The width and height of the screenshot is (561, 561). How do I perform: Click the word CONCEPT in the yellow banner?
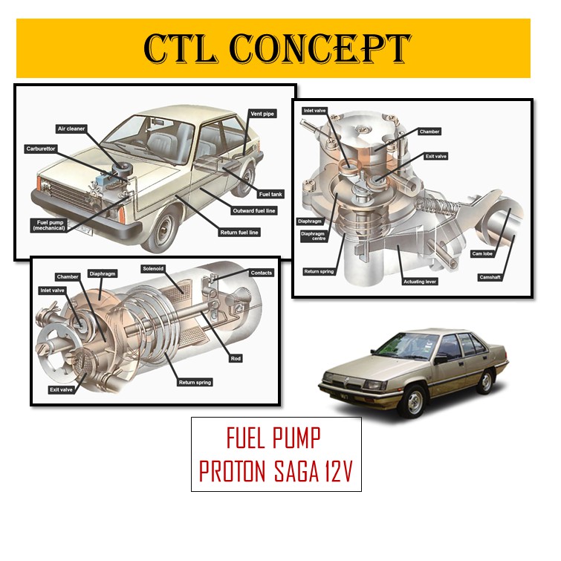pyautogui.click(x=320, y=48)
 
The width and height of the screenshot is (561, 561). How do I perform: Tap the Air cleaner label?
pyautogui.click(x=71, y=129)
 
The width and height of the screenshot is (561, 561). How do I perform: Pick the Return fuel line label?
pyautogui.click(x=239, y=232)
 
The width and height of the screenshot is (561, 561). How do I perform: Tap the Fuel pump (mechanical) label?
pyautogui.click(x=51, y=225)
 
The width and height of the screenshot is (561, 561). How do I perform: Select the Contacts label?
pyautogui.click(x=262, y=273)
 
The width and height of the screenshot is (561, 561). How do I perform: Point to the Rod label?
pyautogui.click(x=236, y=358)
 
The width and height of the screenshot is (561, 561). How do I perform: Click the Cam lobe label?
pyautogui.click(x=482, y=253)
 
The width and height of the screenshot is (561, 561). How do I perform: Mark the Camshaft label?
pyautogui.click(x=490, y=277)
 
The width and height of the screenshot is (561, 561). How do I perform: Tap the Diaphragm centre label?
pyautogui.click(x=313, y=236)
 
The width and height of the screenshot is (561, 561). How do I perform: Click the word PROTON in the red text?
pyautogui.click(x=241, y=473)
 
